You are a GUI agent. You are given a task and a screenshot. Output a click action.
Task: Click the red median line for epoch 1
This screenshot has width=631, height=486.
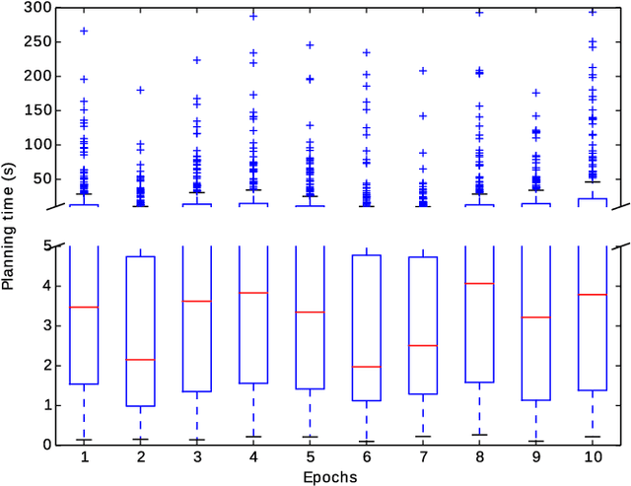coord(84,308)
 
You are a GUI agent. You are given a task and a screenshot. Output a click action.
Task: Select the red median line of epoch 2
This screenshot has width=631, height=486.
coord(140,360)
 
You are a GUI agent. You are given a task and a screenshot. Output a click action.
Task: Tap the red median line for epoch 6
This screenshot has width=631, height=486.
coord(367,367)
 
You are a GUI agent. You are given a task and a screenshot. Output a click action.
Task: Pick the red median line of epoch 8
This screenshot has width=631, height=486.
coord(480,284)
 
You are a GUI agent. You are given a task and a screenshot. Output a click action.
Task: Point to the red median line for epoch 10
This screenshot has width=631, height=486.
coord(593,295)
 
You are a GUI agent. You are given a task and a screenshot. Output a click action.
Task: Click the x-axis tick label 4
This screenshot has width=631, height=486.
coord(253,459)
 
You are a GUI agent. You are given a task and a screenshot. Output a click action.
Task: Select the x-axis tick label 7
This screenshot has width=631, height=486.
coord(423,459)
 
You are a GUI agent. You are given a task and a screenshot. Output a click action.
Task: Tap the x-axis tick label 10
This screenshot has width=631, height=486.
coord(593,459)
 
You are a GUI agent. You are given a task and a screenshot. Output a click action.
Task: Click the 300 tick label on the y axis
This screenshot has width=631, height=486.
coord(38,8)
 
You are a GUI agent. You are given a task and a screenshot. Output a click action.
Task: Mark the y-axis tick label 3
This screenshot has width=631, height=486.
coord(46,325)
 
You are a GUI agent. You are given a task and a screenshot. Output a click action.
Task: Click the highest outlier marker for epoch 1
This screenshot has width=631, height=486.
coord(84,31)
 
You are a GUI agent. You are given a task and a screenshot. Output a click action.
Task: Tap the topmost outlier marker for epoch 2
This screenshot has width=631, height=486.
coord(140,90)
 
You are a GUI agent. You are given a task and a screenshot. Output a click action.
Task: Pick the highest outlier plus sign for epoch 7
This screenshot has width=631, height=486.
coord(423,71)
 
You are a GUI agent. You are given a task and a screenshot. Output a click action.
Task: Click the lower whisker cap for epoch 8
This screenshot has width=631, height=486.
coord(480,434)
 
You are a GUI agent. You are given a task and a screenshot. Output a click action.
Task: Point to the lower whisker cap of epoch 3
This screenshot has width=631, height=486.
coord(197,440)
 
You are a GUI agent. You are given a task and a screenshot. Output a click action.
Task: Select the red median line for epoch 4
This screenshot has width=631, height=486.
coord(253,293)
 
